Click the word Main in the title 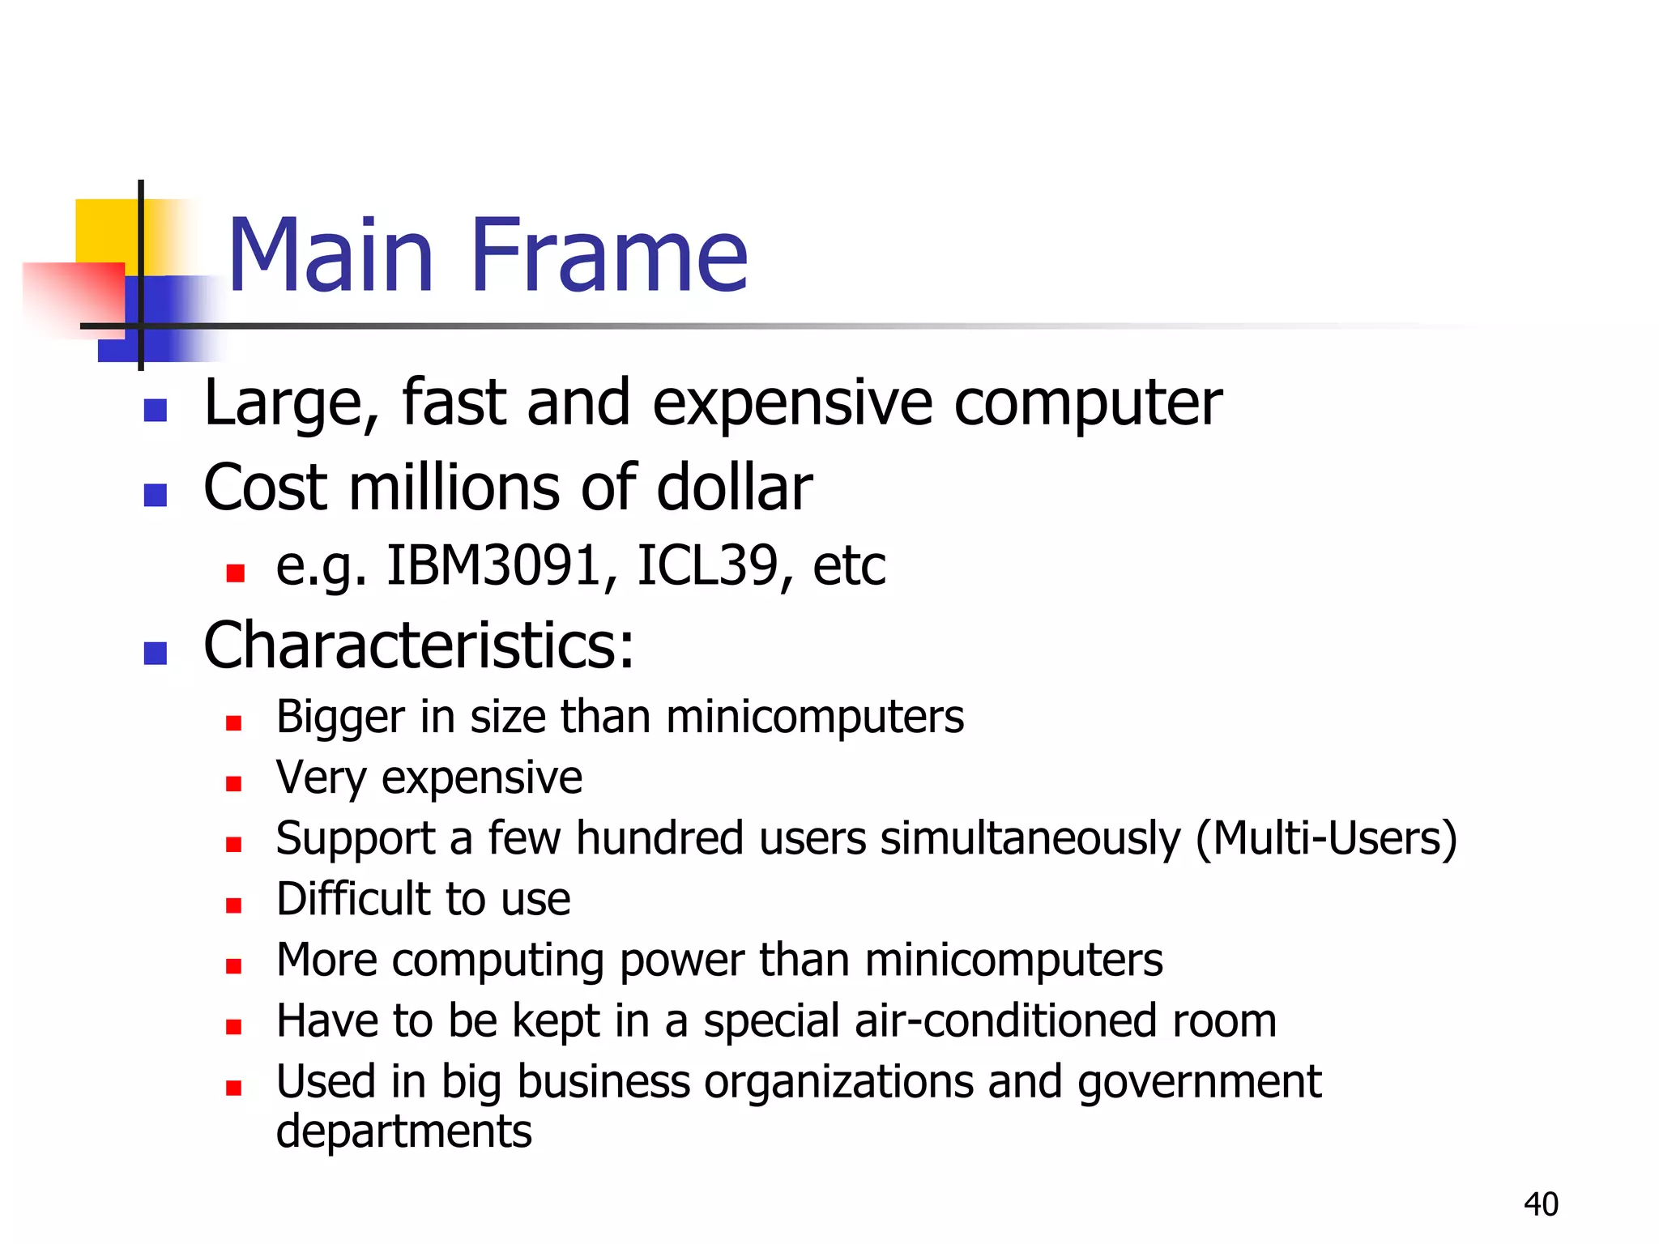pyautogui.click(x=331, y=255)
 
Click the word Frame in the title pyautogui.click(x=608, y=255)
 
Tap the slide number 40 pyautogui.click(x=1541, y=1204)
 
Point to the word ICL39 pyautogui.click(x=706, y=565)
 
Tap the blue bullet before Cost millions pyautogui.click(x=155, y=494)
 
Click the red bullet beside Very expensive pyautogui.click(x=234, y=783)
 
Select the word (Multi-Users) pyautogui.click(x=1326, y=838)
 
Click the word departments pyautogui.click(x=403, y=1131)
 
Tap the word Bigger pyautogui.click(x=340, y=718)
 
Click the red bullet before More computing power pyautogui.click(x=234, y=965)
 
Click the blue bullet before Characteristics pyautogui.click(x=155, y=652)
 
